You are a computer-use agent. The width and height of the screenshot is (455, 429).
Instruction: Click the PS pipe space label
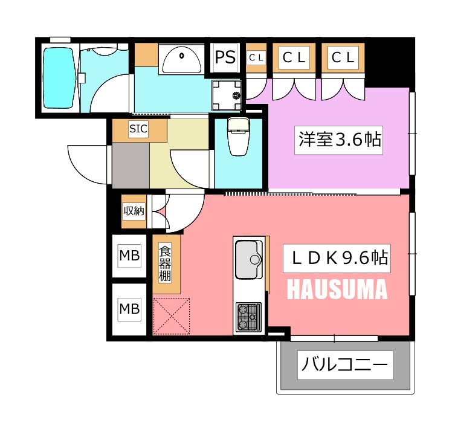[225, 57]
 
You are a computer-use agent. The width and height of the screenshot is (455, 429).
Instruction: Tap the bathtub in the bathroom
[59, 78]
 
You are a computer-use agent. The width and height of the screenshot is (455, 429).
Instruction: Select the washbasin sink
[182, 59]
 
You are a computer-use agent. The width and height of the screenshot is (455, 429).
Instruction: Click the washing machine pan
[227, 95]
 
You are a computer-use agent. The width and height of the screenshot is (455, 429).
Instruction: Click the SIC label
[138, 128]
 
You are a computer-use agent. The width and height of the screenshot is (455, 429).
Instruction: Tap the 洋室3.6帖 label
[338, 140]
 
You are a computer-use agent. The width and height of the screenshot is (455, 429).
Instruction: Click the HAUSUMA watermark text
[337, 289]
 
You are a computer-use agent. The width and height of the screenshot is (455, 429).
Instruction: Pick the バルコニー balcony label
[345, 364]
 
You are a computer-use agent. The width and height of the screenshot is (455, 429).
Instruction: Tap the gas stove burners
[248, 317]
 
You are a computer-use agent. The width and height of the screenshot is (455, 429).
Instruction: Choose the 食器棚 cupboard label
[165, 263]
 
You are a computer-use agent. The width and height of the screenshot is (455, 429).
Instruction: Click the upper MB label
[129, 256]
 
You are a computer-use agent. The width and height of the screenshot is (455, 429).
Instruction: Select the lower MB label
[129, 309]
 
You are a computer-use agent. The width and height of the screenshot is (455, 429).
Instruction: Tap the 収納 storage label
[134, 211]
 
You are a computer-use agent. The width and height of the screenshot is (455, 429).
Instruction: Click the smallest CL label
[256, 58]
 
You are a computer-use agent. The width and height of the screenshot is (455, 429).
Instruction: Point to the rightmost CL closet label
[343, 57]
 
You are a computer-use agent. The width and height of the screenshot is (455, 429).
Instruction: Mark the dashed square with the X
[171, 316]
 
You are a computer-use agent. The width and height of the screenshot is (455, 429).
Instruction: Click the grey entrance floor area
[131, 165]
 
